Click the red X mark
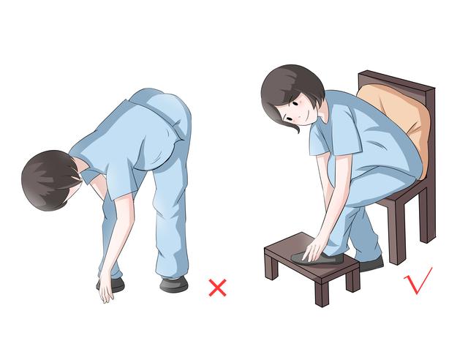click(217, 287)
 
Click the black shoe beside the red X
click(175, 284)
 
